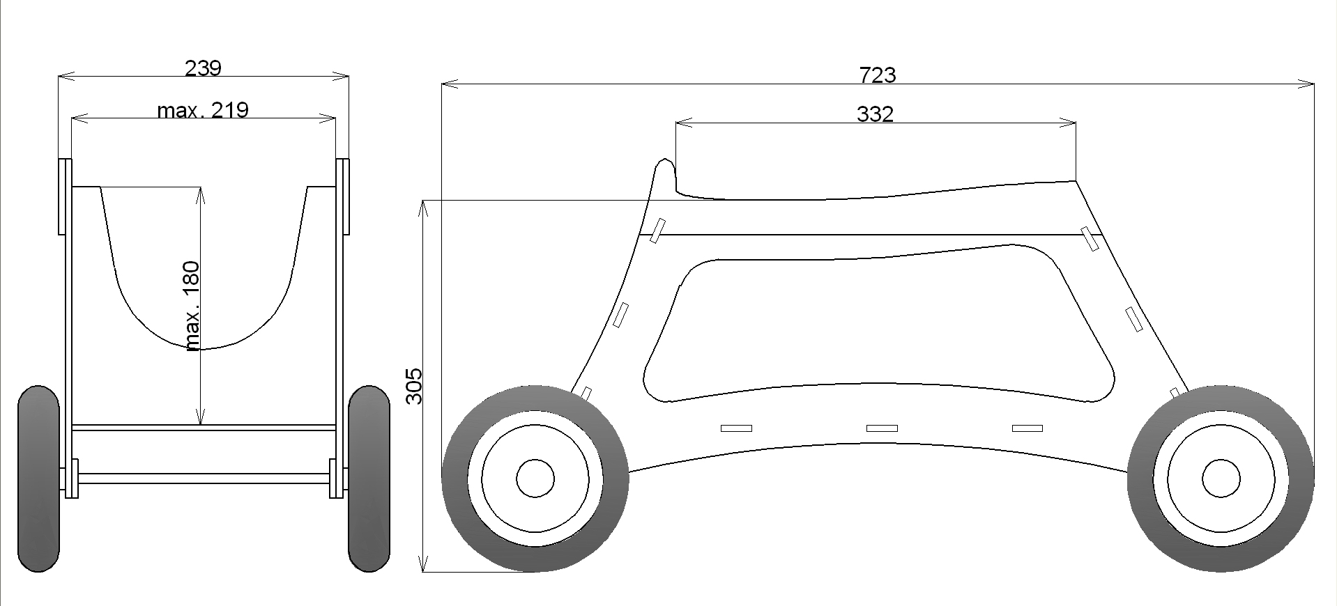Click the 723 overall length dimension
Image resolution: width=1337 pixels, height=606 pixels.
(x=878, y=75)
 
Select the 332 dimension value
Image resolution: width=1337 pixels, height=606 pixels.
(x=875, y=114)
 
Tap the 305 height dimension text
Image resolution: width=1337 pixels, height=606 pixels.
(x=414, y=385)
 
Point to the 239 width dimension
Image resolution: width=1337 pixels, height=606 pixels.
(x=203, y=68)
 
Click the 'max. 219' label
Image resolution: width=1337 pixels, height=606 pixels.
(x=203, y=110)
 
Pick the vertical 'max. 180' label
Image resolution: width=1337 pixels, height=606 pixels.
(x=192, y=306)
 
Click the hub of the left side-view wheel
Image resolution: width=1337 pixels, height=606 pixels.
(x=535, y=479)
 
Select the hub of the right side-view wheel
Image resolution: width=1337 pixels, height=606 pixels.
(x=1221, y=479)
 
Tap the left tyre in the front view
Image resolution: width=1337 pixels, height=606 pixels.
(x=38, y=479)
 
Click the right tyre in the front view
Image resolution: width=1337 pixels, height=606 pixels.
(x=369, y=479)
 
